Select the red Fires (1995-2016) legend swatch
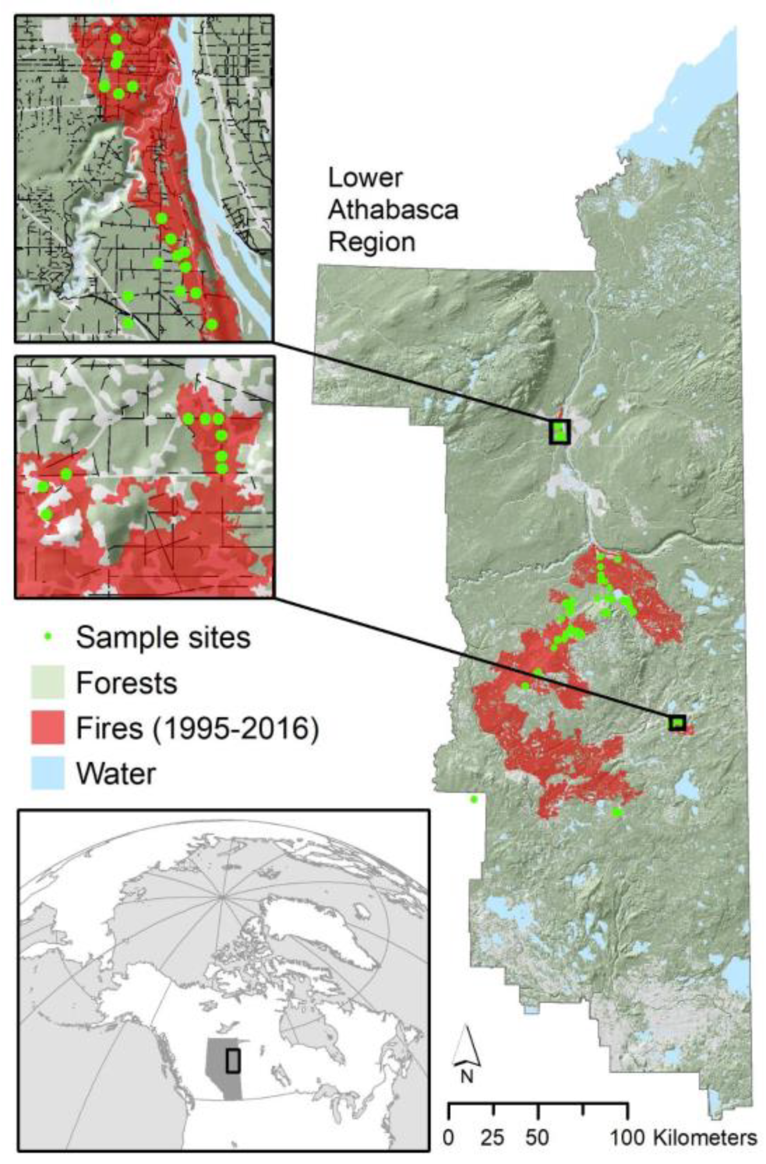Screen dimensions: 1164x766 click(47, 728)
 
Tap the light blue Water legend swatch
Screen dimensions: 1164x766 click(47, 773)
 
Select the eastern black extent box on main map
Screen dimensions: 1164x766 click(677, 722)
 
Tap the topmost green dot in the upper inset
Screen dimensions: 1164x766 click(116, 39)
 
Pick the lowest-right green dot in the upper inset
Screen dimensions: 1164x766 click(211, 324)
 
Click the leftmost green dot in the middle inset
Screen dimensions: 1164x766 click(43, 487)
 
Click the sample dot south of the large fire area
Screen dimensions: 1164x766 click(617, 812)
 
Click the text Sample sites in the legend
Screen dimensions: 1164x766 click(163, 637)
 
